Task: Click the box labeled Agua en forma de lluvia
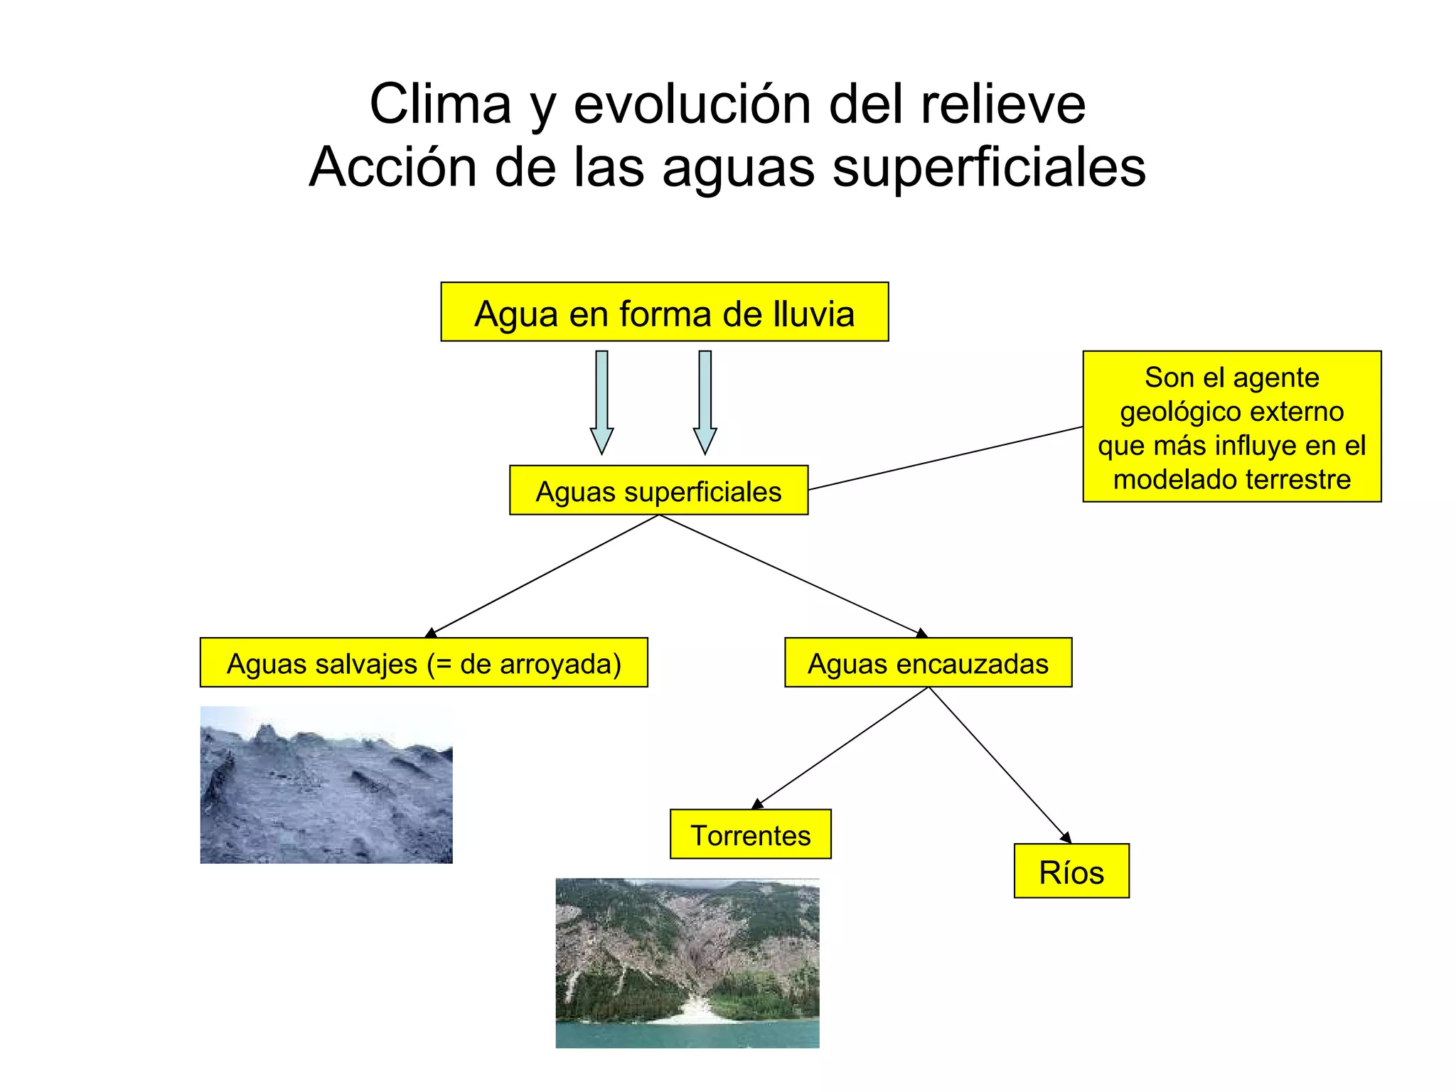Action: coord(664,312)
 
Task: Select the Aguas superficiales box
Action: coord(658,491)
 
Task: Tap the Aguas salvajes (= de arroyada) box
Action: coord(424,663)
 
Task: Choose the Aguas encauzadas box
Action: coord(928,663)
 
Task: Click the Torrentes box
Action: coord(750,835)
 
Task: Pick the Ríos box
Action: coord(1071,872)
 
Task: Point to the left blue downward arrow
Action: coord(601,402)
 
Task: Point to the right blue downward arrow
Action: coord(705,402)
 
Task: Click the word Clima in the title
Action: coord(440,105)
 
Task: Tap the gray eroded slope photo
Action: coord(326,785)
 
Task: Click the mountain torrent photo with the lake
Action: coord(687,963)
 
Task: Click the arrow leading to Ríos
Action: coord(999,764)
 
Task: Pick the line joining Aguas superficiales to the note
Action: coord(946,458)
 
